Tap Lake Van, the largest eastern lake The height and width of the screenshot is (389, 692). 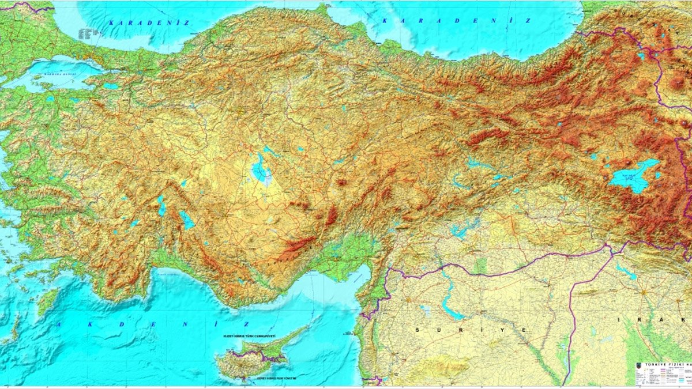tap(634, 176)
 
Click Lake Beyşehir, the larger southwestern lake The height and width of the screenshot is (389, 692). tap(186, 220)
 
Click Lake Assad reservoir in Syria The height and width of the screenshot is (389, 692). tap(450, 308)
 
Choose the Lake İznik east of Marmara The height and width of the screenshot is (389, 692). tap(111, 86)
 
